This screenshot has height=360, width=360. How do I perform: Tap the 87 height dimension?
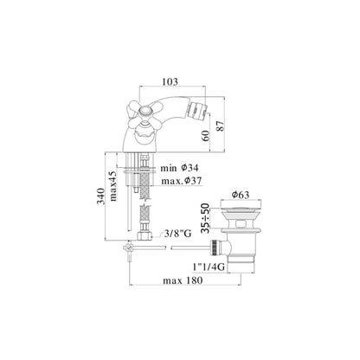pyautogui.click(x=221, y=126)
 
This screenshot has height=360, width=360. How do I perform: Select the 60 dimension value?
pyautogui.click(x=206, y=136)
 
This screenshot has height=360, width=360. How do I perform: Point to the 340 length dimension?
pyautogui.click(x=100, y=196)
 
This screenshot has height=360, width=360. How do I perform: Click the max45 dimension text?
pyautogui.click(x=112, y=186)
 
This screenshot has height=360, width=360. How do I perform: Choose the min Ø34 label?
pyautogui.click(x=179, y=168)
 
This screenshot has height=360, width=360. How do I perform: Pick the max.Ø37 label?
pyautogui.click(x=182, y=181)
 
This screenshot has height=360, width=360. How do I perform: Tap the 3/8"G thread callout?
pyautogui.click(x=177, y=234)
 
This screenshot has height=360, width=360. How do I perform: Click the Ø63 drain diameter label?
pyautogui.click(x=241, y=195)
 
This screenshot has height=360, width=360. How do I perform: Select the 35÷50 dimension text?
pyautogui.click(x=205, y=218)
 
